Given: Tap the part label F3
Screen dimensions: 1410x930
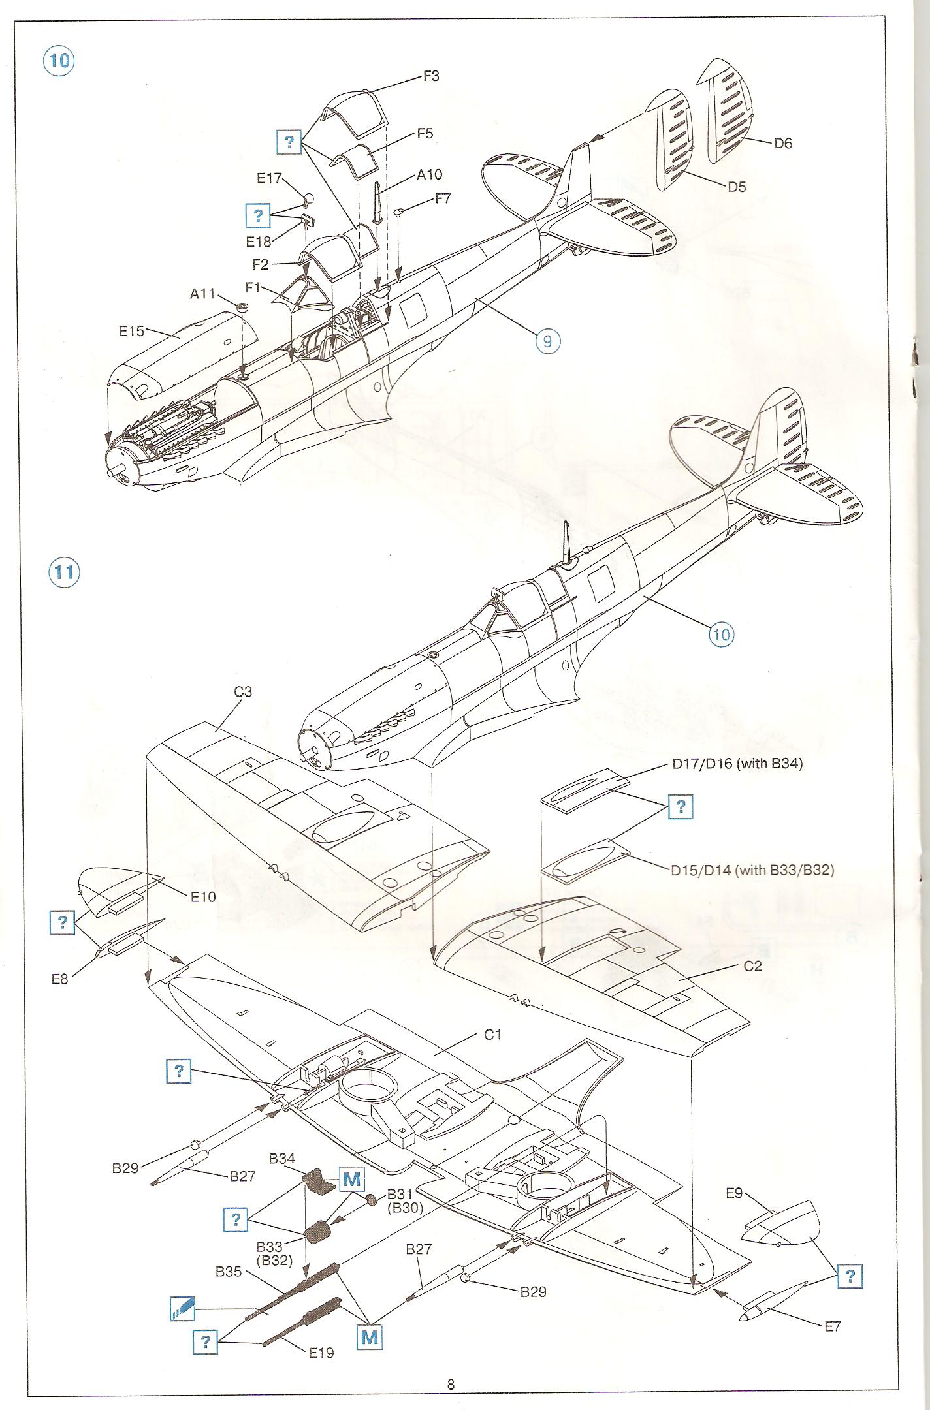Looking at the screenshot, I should [x=431, y=76].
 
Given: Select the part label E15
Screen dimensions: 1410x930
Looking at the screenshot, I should [x=131, y=331].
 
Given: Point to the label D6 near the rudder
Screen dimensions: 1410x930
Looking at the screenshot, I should [x=782, y=143].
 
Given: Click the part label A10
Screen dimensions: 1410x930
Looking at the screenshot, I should [x=430, y=174].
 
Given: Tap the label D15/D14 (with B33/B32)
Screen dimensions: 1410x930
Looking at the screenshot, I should [x=752, y=869].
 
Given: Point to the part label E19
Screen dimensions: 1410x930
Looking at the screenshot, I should [x=321, y=1353].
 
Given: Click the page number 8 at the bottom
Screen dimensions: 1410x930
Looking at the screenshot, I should [x=451, y=1385].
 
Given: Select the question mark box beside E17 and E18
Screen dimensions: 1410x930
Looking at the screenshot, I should [x=259, y=215].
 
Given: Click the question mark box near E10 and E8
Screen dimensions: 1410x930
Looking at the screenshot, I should [x=63, y=922].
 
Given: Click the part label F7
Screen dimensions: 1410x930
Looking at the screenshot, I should [x=443, y=198].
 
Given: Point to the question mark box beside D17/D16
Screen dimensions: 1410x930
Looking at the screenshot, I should [x=681, y=807].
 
